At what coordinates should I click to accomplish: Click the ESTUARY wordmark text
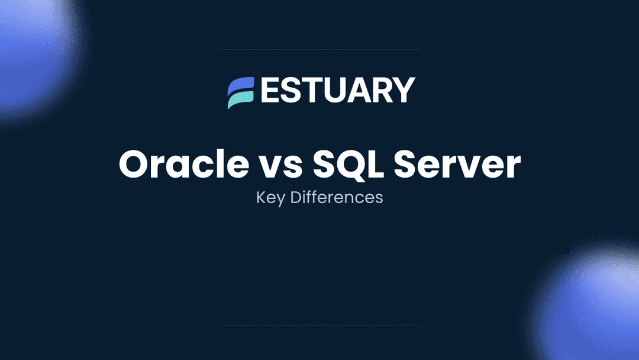337,91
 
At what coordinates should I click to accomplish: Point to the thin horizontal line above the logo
319,50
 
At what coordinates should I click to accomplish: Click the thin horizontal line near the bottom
319,325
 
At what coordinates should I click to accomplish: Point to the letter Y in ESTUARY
403,91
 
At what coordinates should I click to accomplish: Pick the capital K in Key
260,197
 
